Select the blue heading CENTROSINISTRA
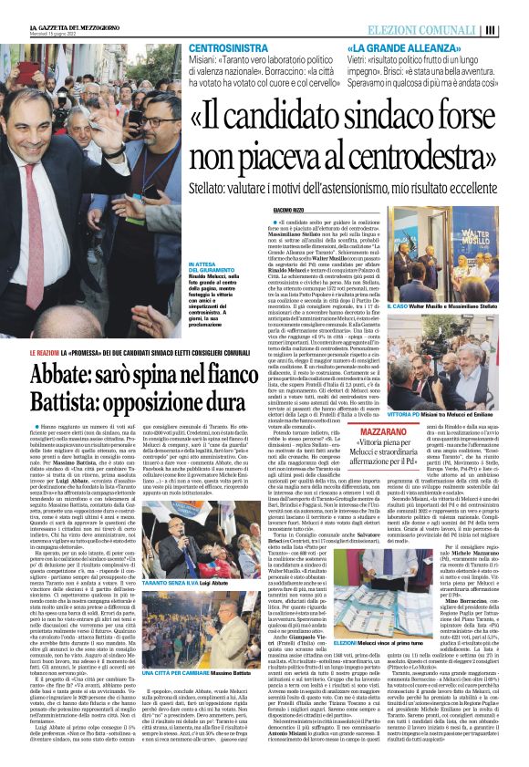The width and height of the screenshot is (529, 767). (228, 45)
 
